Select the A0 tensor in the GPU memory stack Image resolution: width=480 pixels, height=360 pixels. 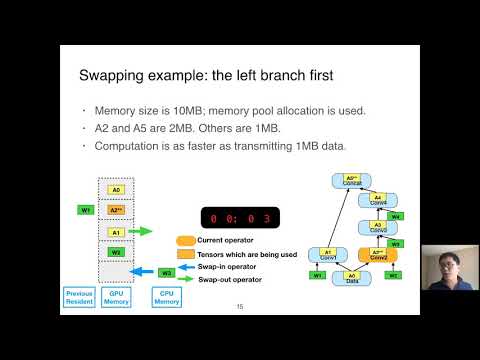tap(116, 189)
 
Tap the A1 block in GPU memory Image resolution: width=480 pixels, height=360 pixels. tap(116, 232)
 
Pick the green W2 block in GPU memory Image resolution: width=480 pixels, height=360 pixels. tap(116, 252)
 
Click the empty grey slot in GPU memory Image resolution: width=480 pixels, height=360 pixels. tap(116, 272)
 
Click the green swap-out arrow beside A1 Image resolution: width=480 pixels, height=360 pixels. tap(146, 232)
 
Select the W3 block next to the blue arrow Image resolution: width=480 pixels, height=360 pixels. tap(168, 272)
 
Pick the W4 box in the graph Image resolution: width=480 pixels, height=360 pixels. tap(396, 216)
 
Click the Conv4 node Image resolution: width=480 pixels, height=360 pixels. tap(378, 200)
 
